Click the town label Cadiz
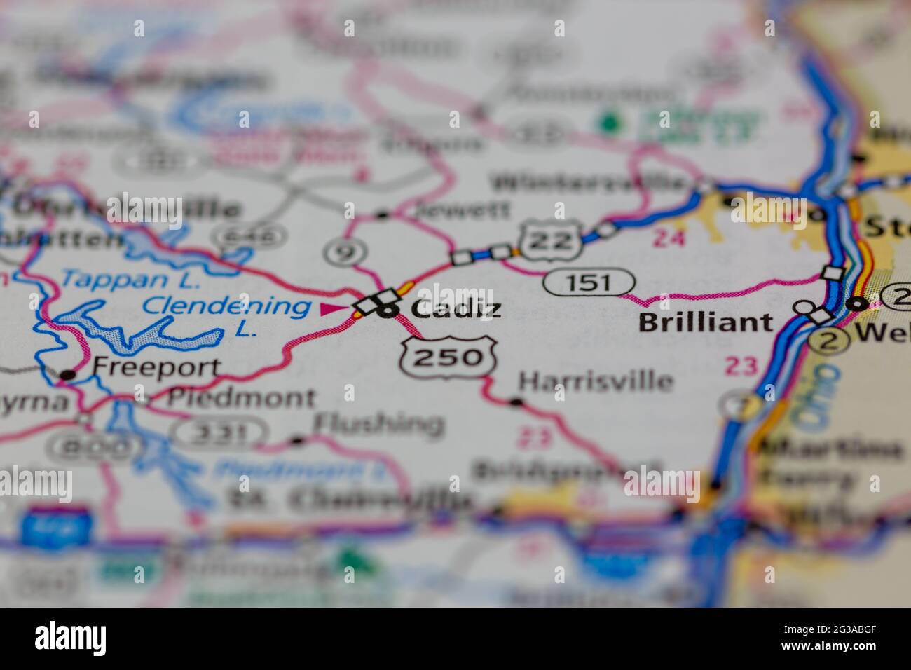click(x=456, y=308)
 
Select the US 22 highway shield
click(x=551, y=240)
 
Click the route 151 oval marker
click(x=590, y=282)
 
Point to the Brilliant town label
click(x=706, y=322)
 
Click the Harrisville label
click(x=596, y=381)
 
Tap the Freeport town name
click(x=157, y=367)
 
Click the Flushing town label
click(x=378, y=423)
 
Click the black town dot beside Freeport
click(x=67, y=375)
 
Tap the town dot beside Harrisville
click(x=516, y=402)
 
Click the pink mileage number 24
click(x=668, y=239)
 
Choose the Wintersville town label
click(x=589, y=182)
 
